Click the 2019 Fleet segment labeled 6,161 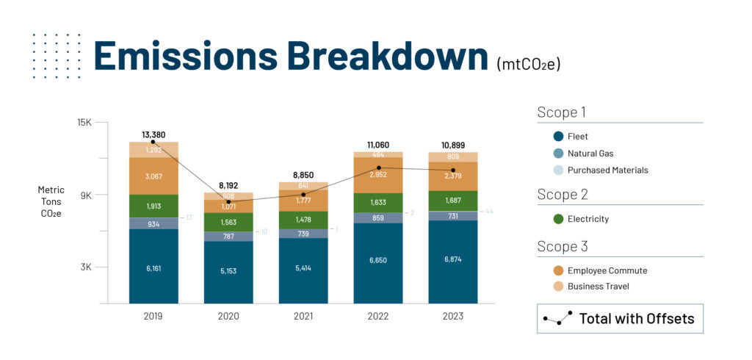click(153, 268)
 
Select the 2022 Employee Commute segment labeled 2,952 click(378, 175)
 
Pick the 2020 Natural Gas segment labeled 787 click(228, 237)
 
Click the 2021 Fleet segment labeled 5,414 click(303, 269)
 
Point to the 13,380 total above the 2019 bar click(153, 134)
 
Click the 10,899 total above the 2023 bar click(453, 145)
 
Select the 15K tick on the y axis click(84, 123)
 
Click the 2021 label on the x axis click(303, 316)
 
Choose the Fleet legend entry click(577, 136)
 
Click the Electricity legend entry click(587, 219)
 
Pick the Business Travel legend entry click(598, 286)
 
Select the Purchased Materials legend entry click(607, 170)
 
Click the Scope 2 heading click(562, 195)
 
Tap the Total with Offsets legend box click(619, 318)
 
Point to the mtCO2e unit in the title click(528, 64)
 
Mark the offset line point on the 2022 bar click(378, 168)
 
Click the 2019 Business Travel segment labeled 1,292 click(153, 150)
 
